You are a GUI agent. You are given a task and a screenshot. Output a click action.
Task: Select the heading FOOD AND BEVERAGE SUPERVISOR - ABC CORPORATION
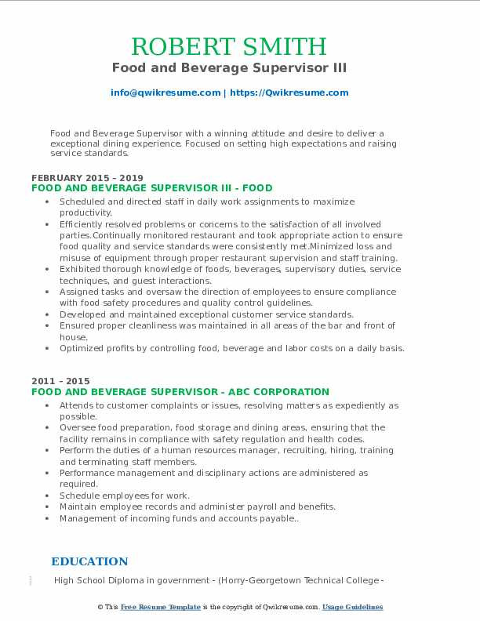coord(180,392)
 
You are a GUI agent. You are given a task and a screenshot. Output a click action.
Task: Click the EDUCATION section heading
coord(89,561)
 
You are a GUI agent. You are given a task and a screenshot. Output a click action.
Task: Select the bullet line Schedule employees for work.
coord(125,496)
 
